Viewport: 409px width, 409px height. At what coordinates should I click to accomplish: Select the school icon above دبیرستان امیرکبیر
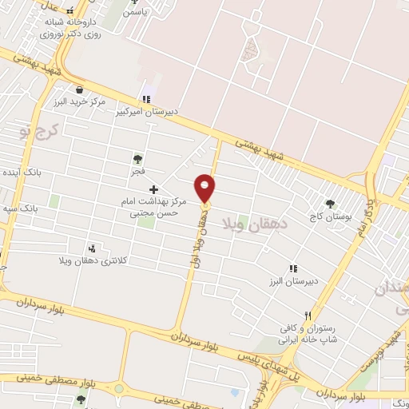145,99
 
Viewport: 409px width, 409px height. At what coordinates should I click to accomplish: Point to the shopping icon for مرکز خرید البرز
79,89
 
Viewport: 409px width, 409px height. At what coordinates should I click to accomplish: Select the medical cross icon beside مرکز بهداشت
154,189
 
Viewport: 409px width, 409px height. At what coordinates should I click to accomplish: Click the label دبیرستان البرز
293,282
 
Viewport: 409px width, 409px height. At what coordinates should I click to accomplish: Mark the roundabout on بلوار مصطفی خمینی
119,389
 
